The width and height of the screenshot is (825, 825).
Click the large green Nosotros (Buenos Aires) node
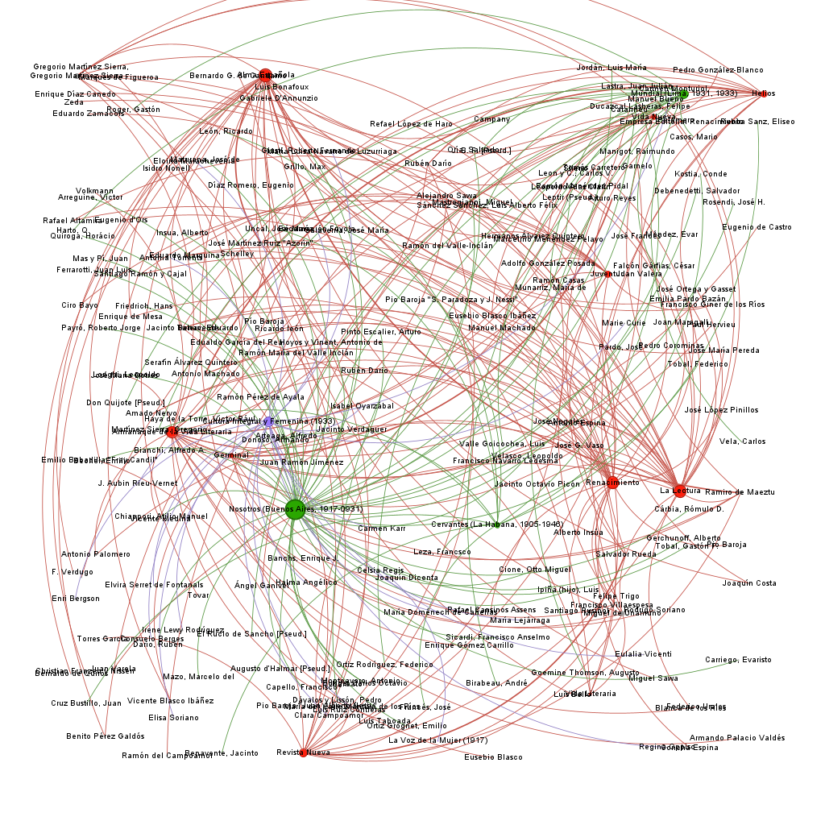296,509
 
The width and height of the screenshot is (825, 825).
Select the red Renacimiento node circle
612,483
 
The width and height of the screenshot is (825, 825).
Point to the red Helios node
757,93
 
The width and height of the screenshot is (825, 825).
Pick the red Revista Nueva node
304,752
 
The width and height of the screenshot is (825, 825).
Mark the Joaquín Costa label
749,583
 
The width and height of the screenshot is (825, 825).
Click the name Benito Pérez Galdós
106,736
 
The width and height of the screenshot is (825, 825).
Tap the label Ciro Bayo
80,305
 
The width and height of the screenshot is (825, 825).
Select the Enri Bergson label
76,599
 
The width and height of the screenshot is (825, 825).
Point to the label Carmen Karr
382,529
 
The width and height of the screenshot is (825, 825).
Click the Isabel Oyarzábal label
363,406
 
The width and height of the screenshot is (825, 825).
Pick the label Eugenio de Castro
757,227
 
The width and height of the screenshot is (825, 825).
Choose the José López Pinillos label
721,410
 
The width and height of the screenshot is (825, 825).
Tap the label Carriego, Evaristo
738,660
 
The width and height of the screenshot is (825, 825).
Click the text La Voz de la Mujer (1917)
437,740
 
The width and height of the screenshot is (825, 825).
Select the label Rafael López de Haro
411,124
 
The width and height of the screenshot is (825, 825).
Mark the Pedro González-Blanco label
718,70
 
